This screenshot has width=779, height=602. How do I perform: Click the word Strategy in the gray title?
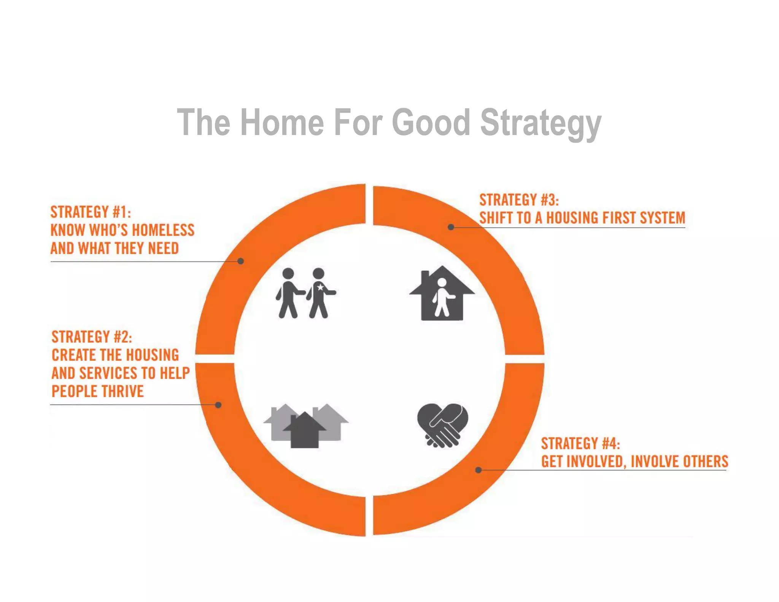(540, 123)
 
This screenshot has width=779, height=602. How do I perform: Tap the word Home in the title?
(282, 123)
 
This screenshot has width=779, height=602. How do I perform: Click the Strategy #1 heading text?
(91, 212)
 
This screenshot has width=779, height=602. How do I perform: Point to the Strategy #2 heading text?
(92, 337)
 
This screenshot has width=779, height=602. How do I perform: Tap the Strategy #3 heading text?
(519, 200)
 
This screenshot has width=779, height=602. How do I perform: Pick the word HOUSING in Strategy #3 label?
(572, 218)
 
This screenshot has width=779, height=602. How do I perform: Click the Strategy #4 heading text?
(580, 444)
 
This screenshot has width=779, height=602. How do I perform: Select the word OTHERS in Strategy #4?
(706, 462)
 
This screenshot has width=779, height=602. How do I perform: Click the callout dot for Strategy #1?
(240, 261)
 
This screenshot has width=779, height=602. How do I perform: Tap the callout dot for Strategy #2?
(218, 405)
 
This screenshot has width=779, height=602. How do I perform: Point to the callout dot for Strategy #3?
(451, 227)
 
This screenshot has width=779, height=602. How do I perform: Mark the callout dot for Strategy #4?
(479, 470)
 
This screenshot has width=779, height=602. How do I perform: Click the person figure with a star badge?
(320, 293)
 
